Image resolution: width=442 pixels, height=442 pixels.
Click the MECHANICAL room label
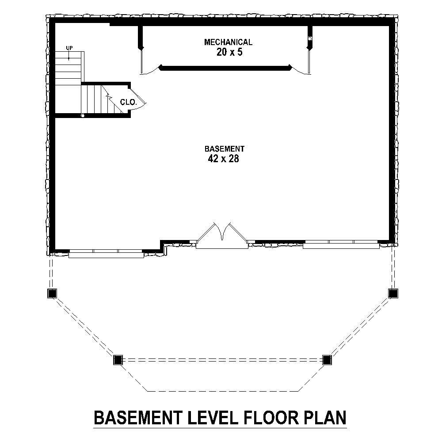228,42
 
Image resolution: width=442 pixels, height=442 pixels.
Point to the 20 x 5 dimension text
228,52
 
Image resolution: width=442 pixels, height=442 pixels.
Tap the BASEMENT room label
224,149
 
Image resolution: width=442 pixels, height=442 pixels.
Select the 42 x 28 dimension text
223,159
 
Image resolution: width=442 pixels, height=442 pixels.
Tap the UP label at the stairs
69,48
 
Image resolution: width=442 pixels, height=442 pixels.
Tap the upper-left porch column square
52,293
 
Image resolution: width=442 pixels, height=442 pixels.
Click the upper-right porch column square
392,293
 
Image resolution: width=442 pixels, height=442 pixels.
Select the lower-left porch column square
118,360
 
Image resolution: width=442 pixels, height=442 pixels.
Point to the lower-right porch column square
327,360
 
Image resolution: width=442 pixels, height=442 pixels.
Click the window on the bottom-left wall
106,253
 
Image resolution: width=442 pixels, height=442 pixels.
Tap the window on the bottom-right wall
341,244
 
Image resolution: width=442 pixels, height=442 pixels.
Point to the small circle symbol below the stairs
82,115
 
